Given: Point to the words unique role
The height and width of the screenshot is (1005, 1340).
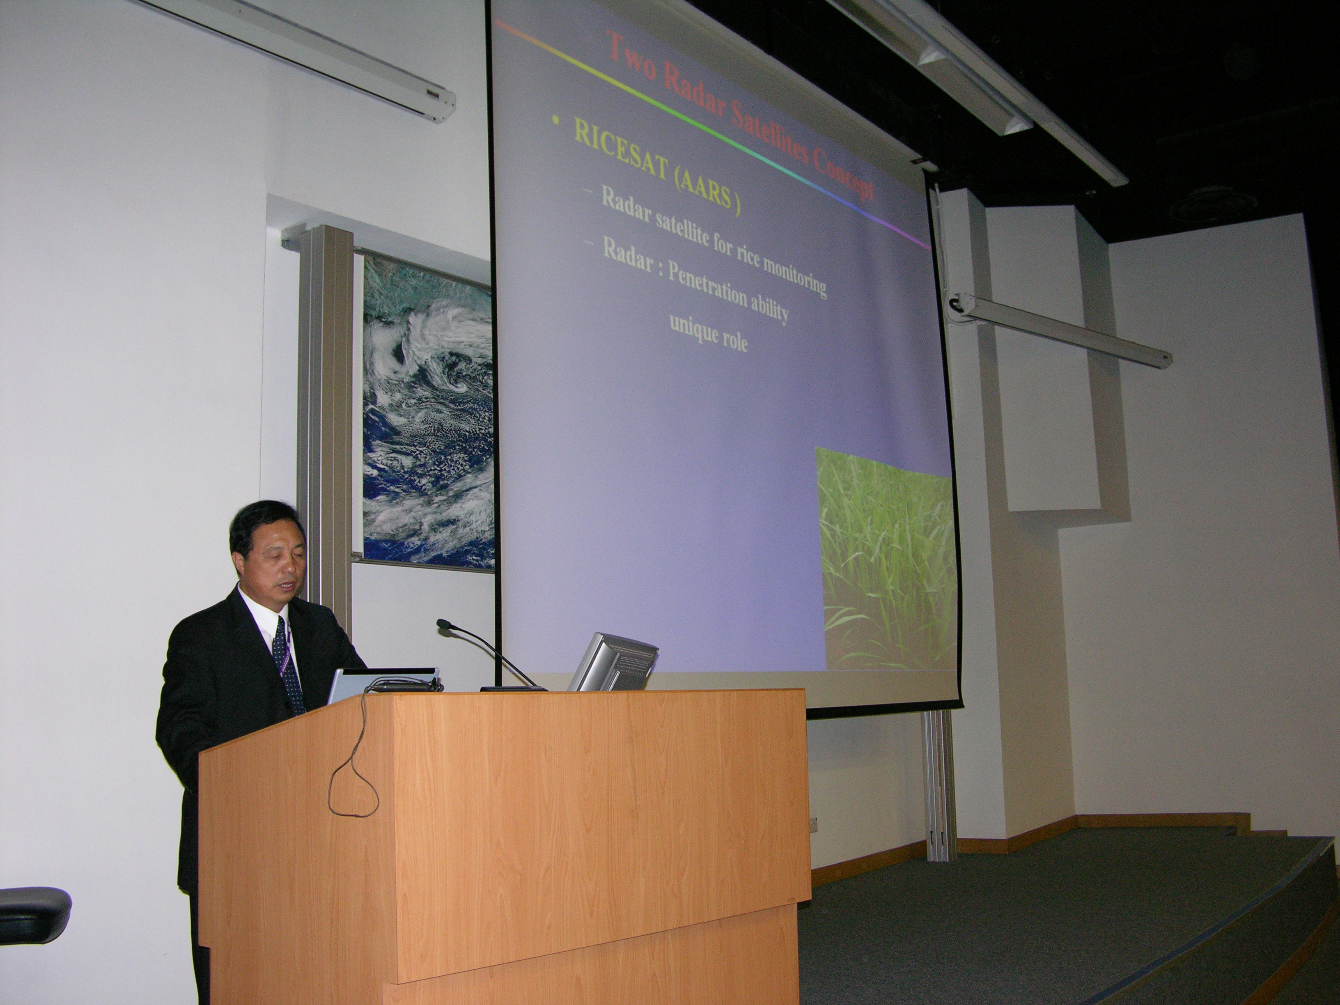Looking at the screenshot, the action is [708, 335].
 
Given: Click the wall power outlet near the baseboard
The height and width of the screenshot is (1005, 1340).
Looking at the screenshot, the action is [814, 824].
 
